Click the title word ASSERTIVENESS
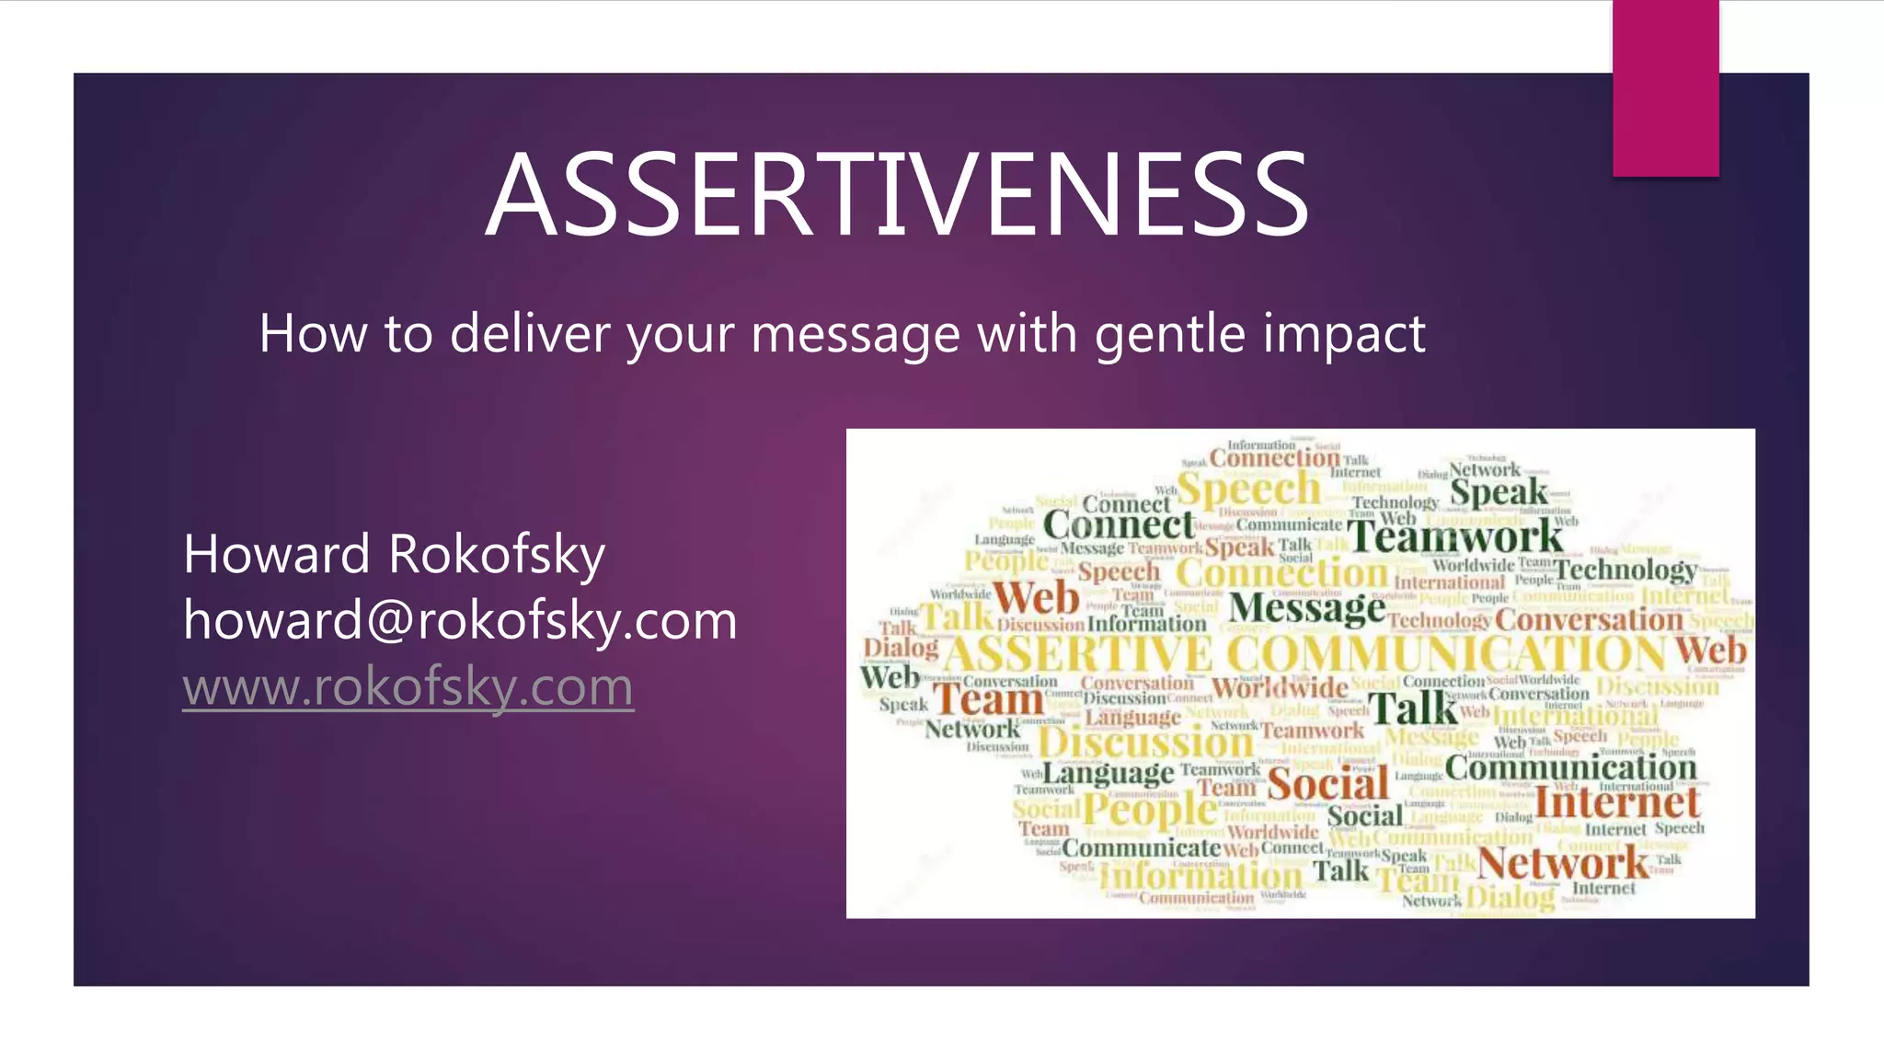click(897, 196)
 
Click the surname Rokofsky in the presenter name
click(497, 555)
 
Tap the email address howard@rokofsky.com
click(460, 620)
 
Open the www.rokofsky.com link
click(408, 686)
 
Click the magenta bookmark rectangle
click(1665, 87)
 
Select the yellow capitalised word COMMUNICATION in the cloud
click(1446, 654)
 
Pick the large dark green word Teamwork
click(1455, 536)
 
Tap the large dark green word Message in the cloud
click(1306, 608)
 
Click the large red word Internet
click(1616, 802)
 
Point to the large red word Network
click(1562, 863)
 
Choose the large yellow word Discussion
click(1146, 743)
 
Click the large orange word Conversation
click(1588, 620)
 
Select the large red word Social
click(1327, 784)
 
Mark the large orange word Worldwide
click(1279, 687)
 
